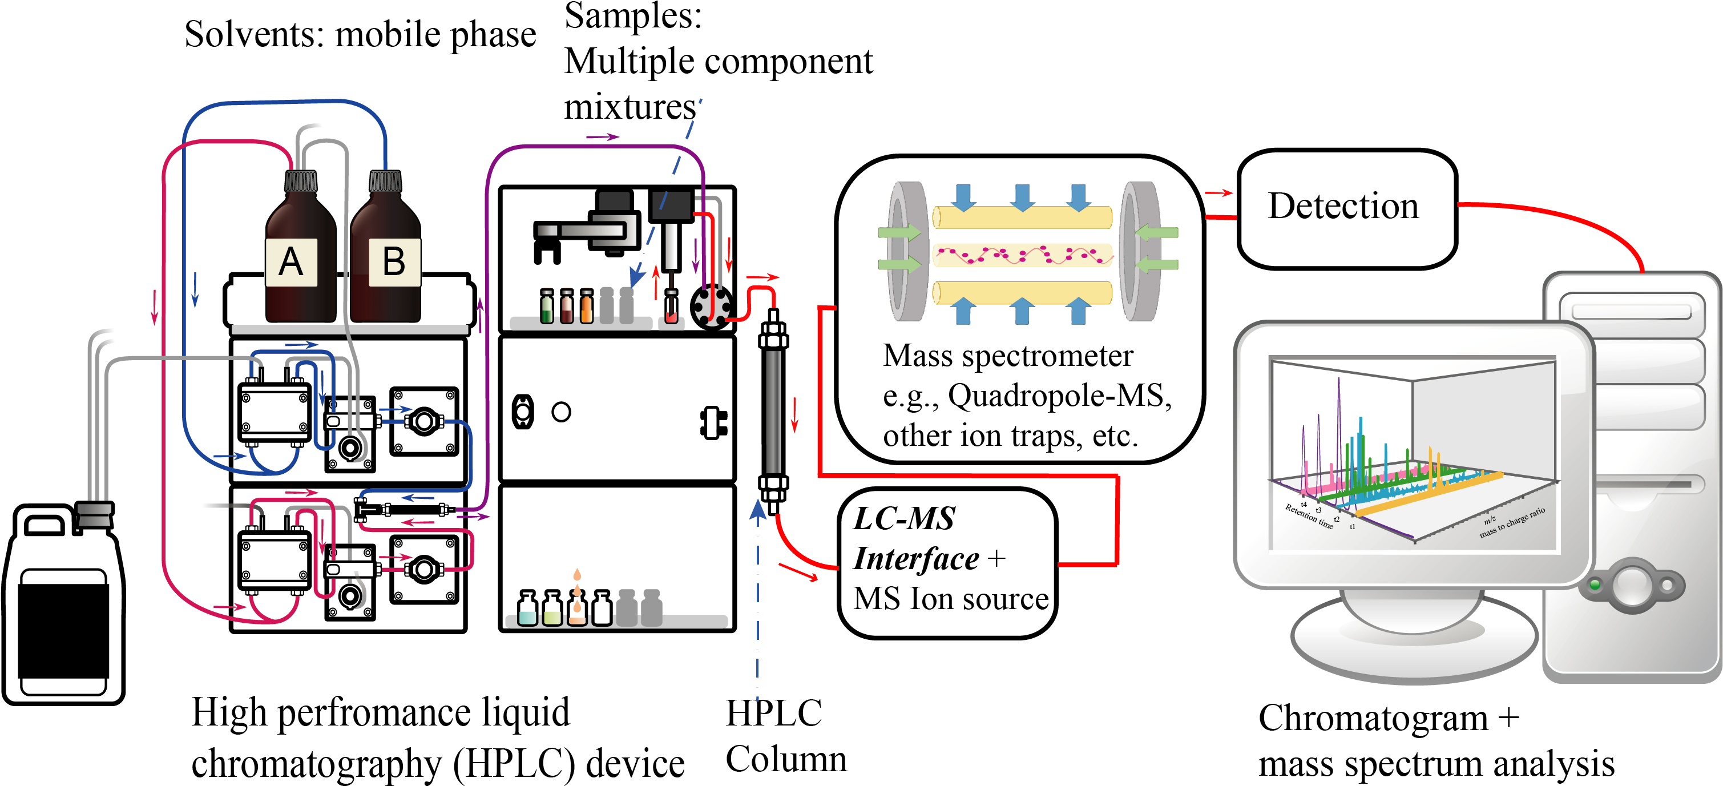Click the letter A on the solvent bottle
click(291, 261)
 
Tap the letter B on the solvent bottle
click(394, 261)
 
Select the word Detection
click(1343, 205)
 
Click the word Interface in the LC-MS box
click(917, 559)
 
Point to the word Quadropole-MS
click(1060, 396)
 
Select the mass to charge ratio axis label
click(1512, 522)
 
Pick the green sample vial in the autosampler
click(547, 308)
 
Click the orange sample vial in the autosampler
click(587, 308)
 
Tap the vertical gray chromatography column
click(773, 412)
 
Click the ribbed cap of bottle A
click(301, 180)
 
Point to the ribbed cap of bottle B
click(385, 180)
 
